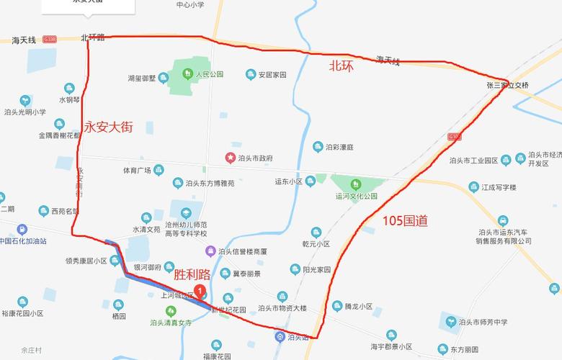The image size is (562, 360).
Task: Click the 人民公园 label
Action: coord(209,74)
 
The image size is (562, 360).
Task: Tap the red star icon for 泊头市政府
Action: coord(231,158)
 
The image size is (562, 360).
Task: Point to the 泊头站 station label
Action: coord(297,336)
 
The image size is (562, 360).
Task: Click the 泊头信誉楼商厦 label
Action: coord(242,251)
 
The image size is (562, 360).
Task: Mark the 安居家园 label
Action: coord(272,74)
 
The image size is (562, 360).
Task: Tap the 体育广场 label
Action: coord(136,171)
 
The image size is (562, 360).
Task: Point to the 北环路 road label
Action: coord(92,37)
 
